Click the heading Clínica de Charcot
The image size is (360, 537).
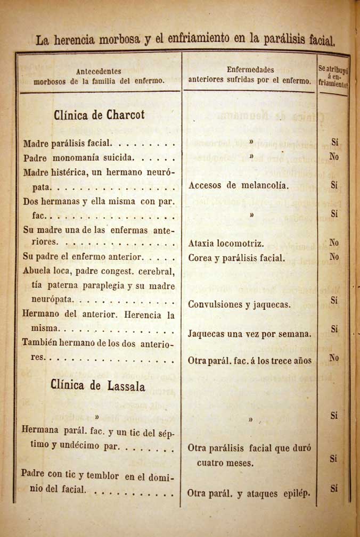pyautogui.click(x=99, y=115)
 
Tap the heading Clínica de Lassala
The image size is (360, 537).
pyautogui.click(x=98, y=385)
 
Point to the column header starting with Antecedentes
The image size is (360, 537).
pyautogui.click(x=99, y=76)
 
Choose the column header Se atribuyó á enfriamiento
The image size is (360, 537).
pyautogui.click(x=333, y=78)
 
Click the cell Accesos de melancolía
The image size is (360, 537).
pyautogui.click(x=239, y=186)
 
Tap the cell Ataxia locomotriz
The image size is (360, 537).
pyautogui.click(x=226, y=244)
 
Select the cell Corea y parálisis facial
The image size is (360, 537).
pyautogui.click(x=236, y=258)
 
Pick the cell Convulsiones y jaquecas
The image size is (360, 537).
pyautogui.click(x=239, y=305)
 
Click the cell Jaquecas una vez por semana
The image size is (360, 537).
pyautogui.click(x=250, y=334)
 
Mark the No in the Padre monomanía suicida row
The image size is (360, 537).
pyautogui.click(x=334, y=157)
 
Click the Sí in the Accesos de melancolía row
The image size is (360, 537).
pyautogui.click(x=334, y=185)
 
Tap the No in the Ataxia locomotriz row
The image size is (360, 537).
pyautogui.click(x=334, y=243)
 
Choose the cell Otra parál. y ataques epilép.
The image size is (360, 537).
pyautogui.click(x=248, y=493)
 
